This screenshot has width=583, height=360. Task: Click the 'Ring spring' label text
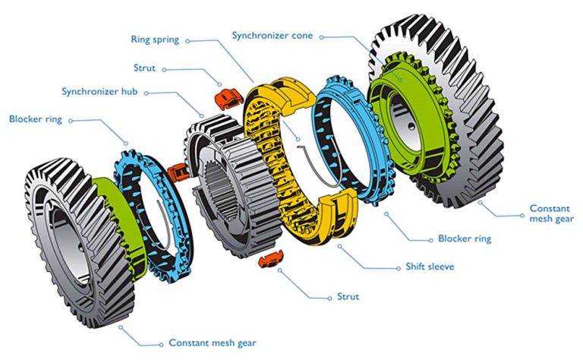coord(155,40)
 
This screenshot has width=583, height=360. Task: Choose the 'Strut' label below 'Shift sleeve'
coord(348,296)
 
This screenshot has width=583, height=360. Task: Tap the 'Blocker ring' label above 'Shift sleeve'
coord(464,238)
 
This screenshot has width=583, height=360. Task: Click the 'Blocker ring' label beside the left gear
coord(35,119)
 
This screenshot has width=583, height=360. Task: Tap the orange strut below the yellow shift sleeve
coord(271,260)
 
